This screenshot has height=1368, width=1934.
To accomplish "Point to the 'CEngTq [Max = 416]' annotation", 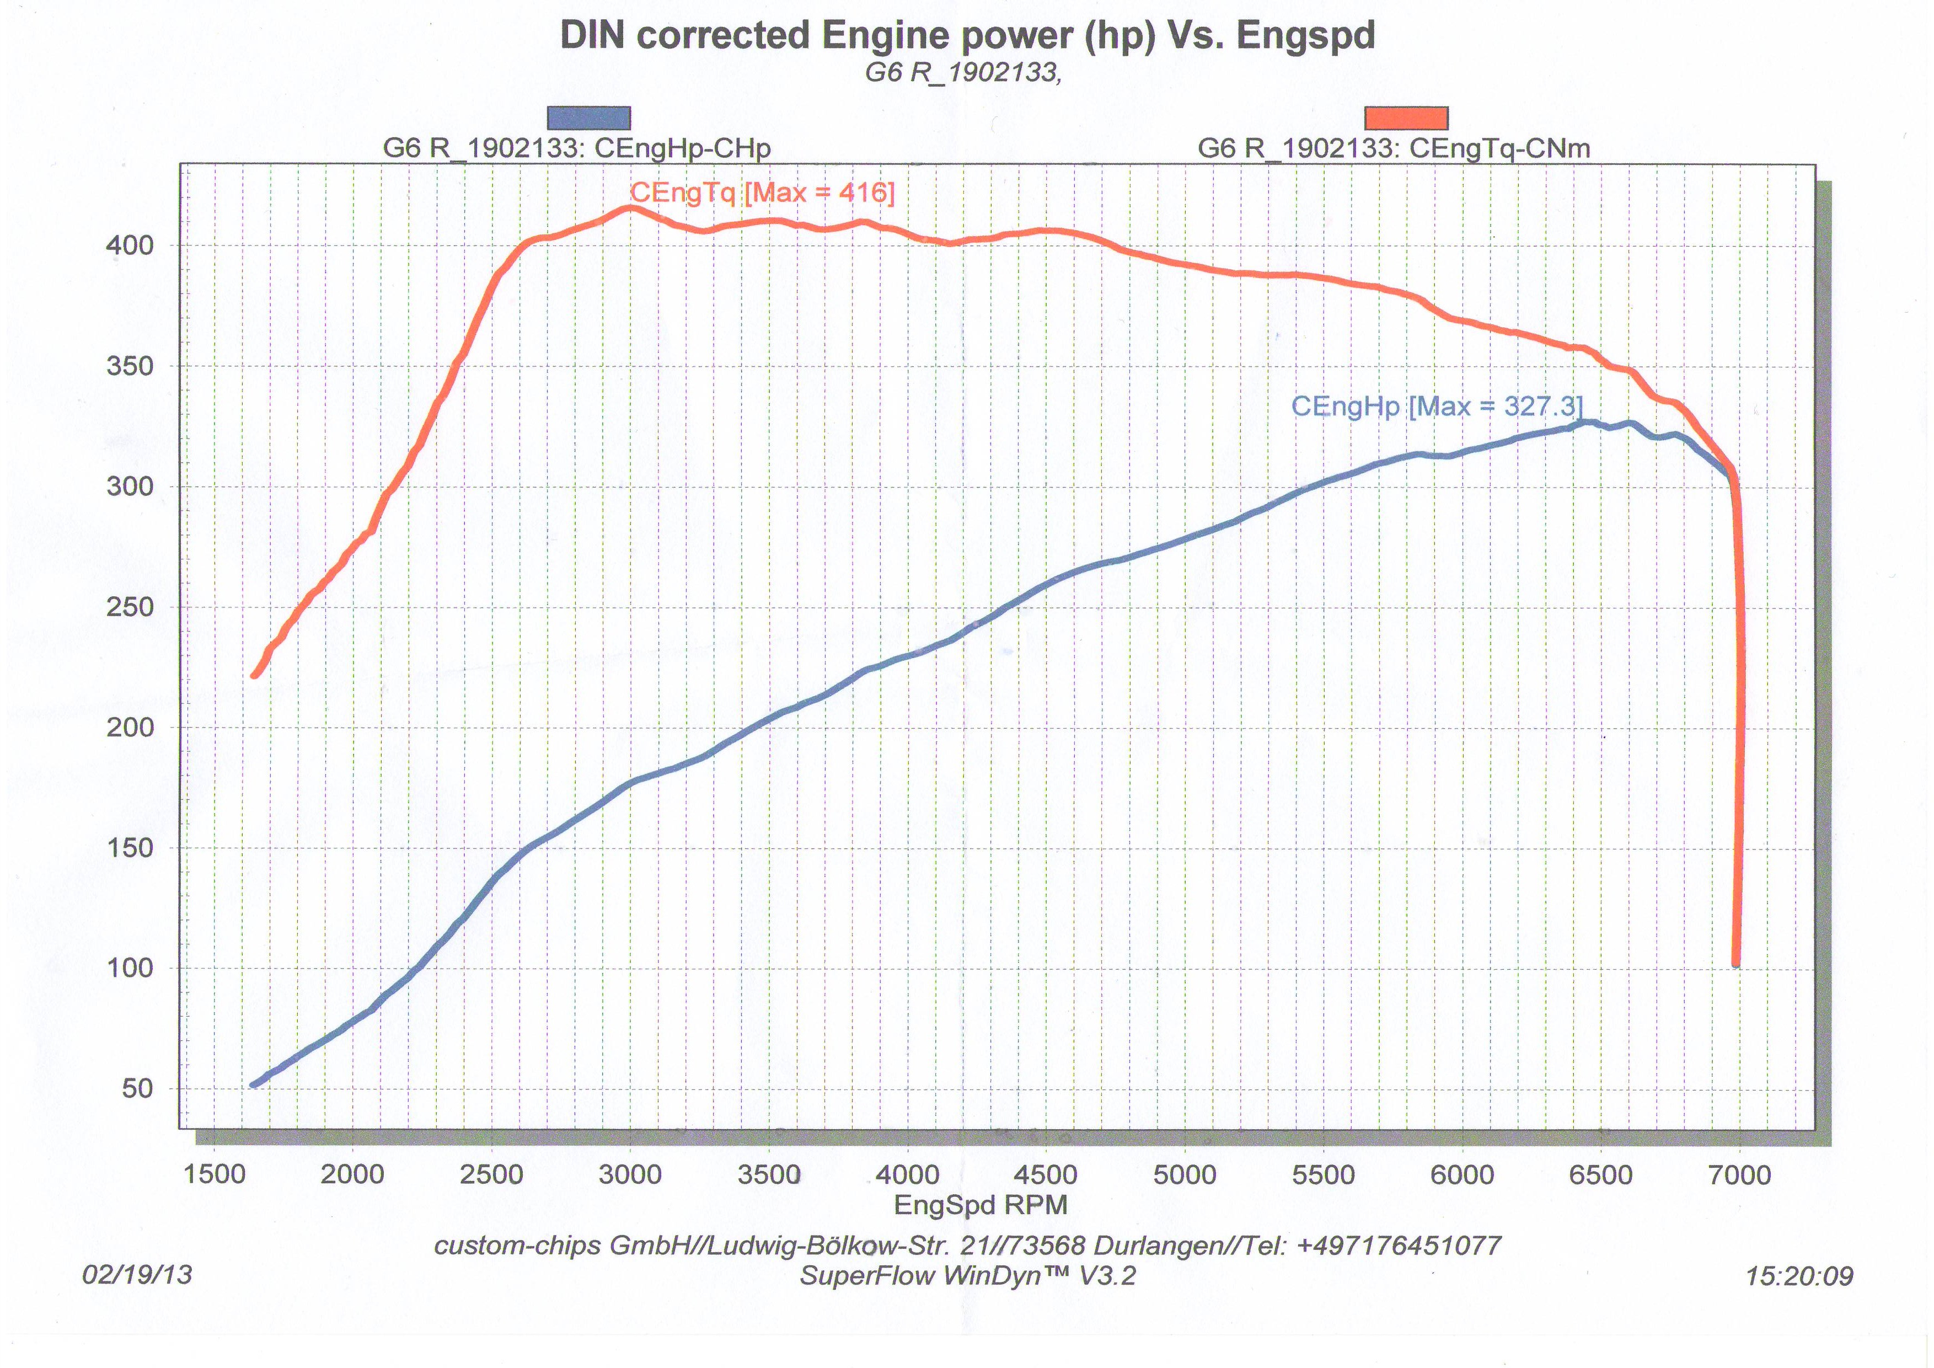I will click(762, 193).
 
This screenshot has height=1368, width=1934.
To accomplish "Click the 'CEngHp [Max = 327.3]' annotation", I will click(1437, 407).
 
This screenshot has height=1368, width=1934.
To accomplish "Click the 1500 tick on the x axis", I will click(214, 1174).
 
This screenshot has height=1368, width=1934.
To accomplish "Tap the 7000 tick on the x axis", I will click(1739, 1174).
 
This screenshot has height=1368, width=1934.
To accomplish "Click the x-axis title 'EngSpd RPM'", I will click(981, 1205).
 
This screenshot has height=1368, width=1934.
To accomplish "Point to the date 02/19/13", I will click(137, 1274).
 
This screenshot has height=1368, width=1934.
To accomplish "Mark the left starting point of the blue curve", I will click(254, 1085).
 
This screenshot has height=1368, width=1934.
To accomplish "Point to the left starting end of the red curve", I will click(254, 675).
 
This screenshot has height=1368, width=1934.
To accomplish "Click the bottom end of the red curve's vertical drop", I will click(1736, 965).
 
